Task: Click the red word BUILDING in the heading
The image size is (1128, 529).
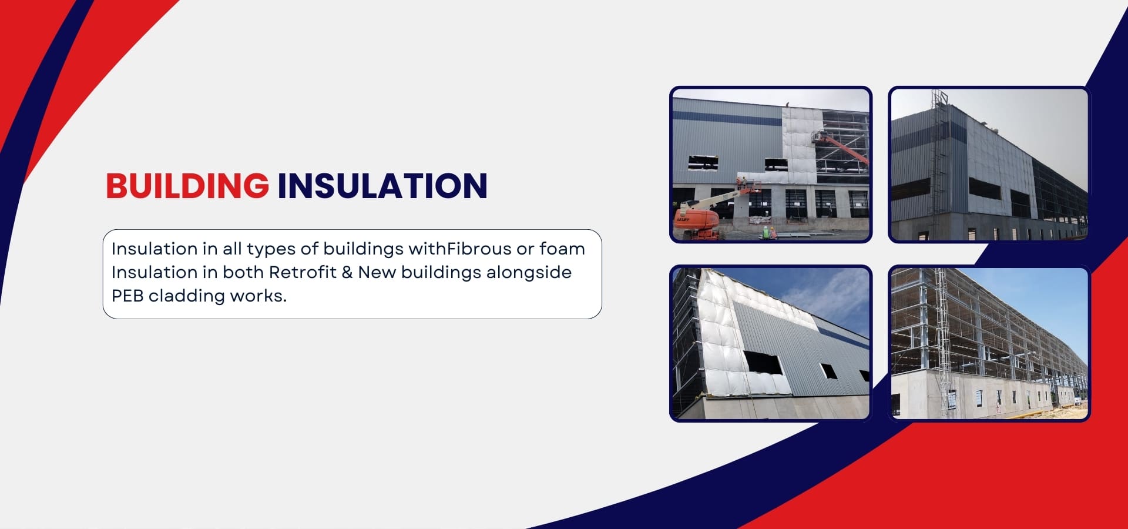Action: (187, 186)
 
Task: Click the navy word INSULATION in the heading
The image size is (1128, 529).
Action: (382, 186)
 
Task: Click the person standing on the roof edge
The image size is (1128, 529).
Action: (787, 105)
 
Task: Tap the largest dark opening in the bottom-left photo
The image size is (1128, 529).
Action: (763, 362)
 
